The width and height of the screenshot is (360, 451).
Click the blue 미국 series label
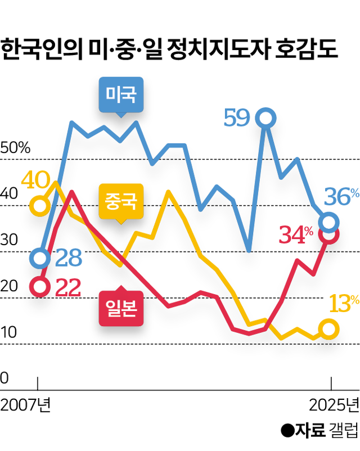pyautogui.click(x=120, y=93)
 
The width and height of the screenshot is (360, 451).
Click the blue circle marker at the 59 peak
pyautogui.click(x=265, y=119)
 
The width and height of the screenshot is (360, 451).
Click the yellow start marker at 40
pyautogui.click(x=39, y=205)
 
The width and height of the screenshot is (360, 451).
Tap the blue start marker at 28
pyautogui.click(x=39, y=258)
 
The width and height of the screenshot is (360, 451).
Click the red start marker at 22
pyautogui.click(x=39, y=287)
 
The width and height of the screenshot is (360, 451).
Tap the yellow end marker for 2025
pyautogui.click(x=330, y=329)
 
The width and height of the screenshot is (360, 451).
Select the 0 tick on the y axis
pyautogui.click(x=4, y=378)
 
